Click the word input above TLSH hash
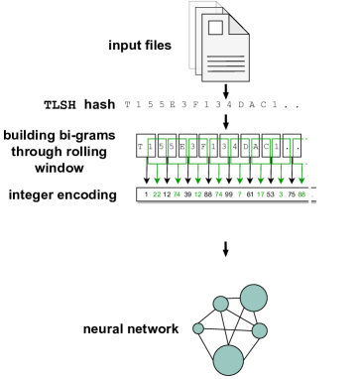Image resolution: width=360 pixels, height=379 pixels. tap(128, 45)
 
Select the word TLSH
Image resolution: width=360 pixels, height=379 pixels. tap(59, 104)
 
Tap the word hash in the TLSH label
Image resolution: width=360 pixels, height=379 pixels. tap(96, 104)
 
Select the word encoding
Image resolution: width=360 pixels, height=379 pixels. tap(93, 193)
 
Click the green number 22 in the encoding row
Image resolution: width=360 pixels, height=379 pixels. tap(158, 195)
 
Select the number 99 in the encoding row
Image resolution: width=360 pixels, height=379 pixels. tap(229, 195)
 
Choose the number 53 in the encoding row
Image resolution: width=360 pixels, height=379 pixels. tap(271, 195)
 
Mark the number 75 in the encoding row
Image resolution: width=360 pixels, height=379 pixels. tap(291, 195)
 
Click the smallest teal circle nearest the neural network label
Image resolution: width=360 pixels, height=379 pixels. tap(198, 328)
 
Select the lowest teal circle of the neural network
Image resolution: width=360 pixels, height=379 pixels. tap(228, 359)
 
